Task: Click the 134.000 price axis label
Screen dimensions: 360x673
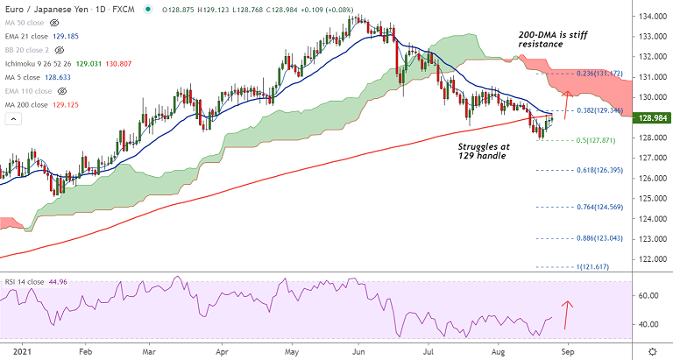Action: pyautogui.click(x=650, y=18)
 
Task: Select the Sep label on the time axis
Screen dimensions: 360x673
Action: pyautogui.click(x=566, y=349)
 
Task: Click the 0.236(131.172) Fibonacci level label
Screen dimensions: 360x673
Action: pyautogui.click(x=599, y=74)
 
